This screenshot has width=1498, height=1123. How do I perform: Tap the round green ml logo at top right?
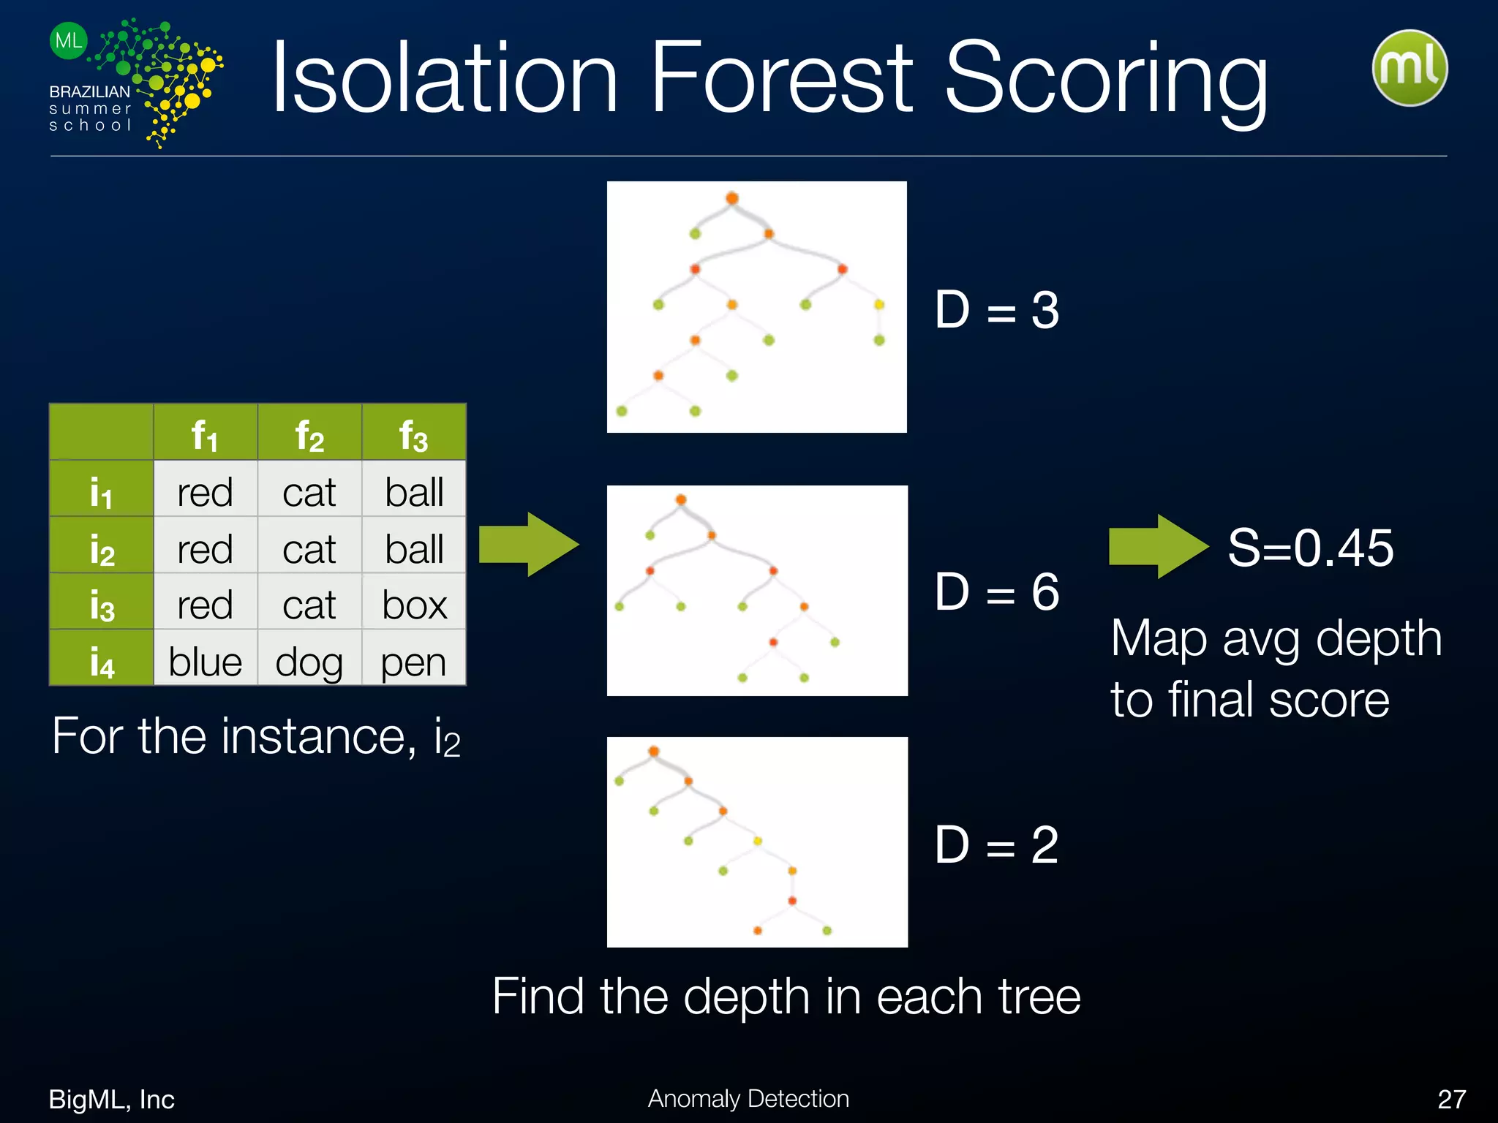click(1409, 68)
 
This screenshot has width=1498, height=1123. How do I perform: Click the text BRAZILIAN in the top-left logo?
click(89, 92)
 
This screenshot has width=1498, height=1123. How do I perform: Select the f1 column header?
click(205, 434)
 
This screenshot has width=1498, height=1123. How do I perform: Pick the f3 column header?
click(413, 434)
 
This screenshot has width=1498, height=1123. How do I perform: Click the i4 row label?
click(101, 660)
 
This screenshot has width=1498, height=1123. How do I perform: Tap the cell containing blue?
click(205, 661)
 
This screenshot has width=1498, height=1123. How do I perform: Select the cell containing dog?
click(309, 661)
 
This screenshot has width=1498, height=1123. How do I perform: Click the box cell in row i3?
click(414, 604)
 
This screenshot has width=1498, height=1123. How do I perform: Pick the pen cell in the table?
click(413, 661)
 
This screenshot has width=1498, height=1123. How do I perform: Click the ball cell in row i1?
click(414, 491)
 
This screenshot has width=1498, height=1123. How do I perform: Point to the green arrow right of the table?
click(528, 545)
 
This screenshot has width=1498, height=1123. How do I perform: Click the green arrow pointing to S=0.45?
click(1158, 546)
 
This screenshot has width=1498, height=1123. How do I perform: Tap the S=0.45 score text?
click(1310, 547)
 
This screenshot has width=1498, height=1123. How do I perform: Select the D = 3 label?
click(996, 310)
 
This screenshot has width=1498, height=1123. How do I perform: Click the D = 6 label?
click(996, 591)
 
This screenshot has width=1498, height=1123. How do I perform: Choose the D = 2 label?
click(996, 844)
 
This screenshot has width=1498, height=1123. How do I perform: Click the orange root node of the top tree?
click(731, 198)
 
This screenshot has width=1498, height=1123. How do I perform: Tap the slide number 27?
click(1451, 1099)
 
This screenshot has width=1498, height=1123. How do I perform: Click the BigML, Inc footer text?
click(111, 1099)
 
